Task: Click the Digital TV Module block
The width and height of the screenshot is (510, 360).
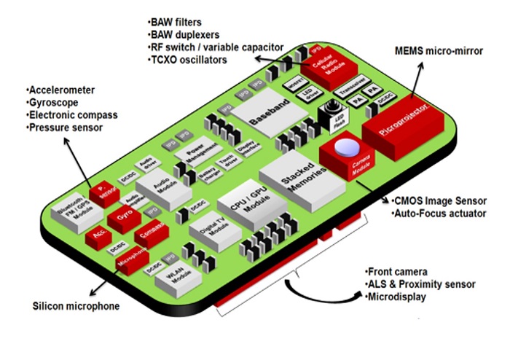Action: [x=208, y=234]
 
